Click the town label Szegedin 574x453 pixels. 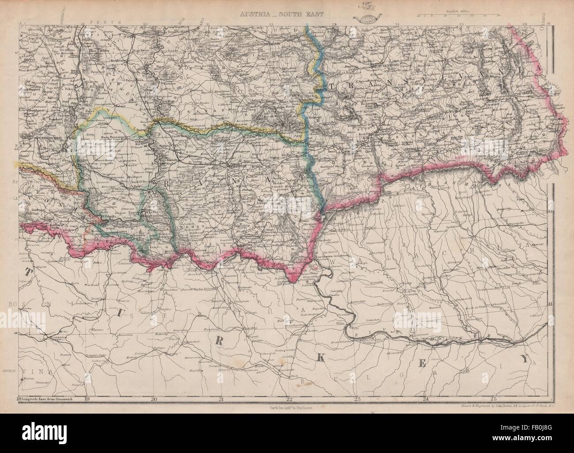click(x=164, y=119)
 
